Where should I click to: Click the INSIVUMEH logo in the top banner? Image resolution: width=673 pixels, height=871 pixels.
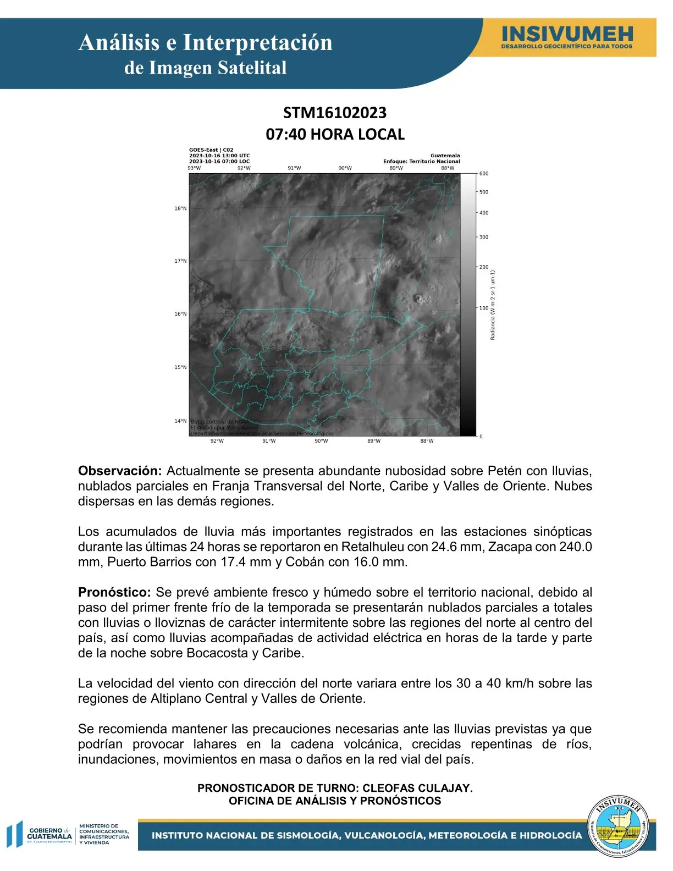coord(566,37)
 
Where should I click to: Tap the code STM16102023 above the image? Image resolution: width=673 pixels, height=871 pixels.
coord(335,113)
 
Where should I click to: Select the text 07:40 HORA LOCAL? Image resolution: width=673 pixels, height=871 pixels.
coord(335,134)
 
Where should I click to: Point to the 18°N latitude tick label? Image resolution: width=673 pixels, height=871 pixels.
coord(180,209)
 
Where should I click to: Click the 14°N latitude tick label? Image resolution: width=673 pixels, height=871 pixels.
coord(180,421)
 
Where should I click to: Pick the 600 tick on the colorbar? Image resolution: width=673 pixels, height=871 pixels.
coord(484,174)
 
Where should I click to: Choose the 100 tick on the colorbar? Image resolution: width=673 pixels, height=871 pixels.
coord(484,308)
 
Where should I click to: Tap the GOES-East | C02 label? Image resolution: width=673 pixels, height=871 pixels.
coord(211,150)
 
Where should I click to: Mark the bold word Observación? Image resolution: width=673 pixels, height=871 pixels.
coord(120,471)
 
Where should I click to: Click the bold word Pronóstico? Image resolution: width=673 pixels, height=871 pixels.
coord(114,593)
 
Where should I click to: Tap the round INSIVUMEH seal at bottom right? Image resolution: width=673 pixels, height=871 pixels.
coord(619,827)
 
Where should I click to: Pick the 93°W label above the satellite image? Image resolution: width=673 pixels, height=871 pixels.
coord(194,168)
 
